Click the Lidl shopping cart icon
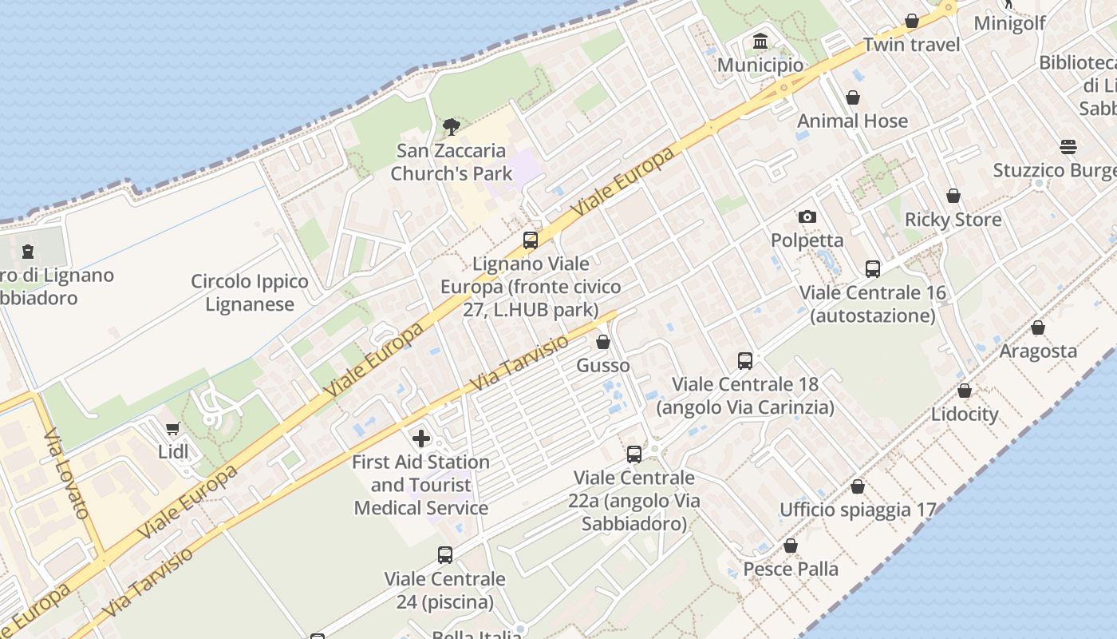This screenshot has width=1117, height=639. pyautogui.click(x=172, y=429)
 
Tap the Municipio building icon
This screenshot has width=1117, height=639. pyautogui.click(x=760, y=41)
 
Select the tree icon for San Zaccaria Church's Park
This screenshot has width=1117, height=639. pyautogui.click(x=451, y=126)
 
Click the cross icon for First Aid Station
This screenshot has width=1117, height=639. pyautogui.click(x=420, y=438)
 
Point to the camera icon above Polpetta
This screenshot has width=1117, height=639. pyautogui.click(x=807, y=216)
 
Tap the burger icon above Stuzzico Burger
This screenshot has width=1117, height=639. pyautogui.click(x=1068, y=147)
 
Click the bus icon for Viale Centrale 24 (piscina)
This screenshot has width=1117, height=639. pyautogui.click(x=445, y=554)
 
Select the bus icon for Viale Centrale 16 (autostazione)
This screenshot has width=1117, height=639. pyautogui.click(x=873, y=269)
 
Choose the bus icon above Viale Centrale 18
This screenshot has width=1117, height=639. pyautogui.click(x=745, y=360)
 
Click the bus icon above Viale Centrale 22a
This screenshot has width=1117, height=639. pyautogui.click(x=634, y=454)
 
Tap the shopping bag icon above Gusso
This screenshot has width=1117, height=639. pyautogui.click(x=603, y=342)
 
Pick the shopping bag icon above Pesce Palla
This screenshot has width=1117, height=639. pyautogui.click(x=791, y=546)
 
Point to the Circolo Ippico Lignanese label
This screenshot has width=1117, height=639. pyautogui.click(x=250, y=293)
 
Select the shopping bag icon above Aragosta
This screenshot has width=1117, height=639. pyautogui.click(x=1038, y=327)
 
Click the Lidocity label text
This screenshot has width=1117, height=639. pyautogui.click(x=965, y=415)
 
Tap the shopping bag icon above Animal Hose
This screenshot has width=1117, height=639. pyautogui.click(x=853, y=97)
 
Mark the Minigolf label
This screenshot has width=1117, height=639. pyautogui.click(x=1009, y=23)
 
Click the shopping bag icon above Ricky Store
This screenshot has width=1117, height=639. pyautogui.click(x=953, y=196)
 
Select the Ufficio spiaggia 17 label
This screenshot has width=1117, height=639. pyautogui.click(x=858, y=510)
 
